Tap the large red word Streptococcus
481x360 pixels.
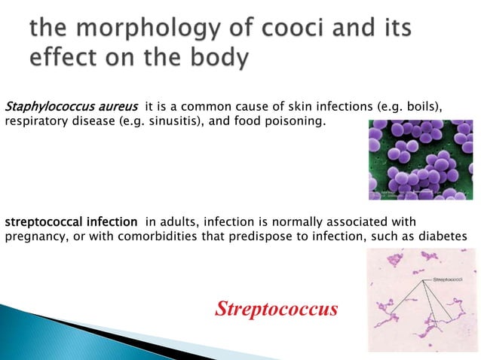click(276, 309)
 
